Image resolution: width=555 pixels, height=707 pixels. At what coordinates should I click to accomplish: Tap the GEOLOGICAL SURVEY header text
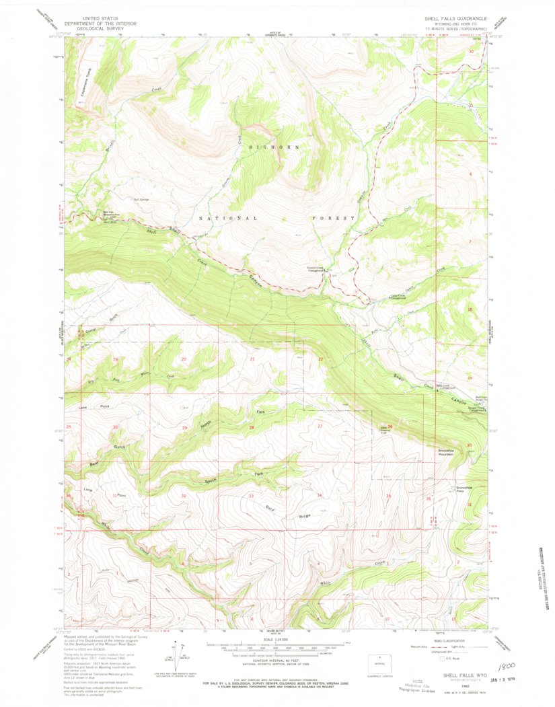[x=100, y=30]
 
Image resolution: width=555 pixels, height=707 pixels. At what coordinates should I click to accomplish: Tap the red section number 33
[x=251, y=496]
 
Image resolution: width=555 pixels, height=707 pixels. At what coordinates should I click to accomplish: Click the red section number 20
[x=184, y=359]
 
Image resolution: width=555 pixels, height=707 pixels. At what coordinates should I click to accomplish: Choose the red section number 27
[x=320, y=426]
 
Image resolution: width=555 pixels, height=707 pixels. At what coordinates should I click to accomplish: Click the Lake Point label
[x=94, y=408]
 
